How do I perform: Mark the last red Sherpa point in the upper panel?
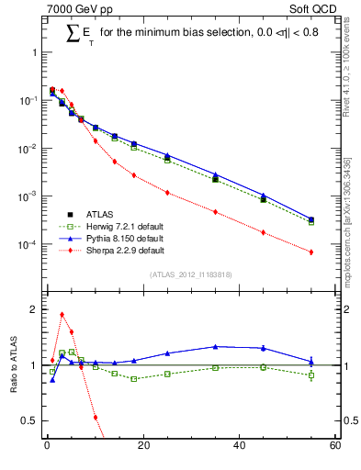pos(311,252)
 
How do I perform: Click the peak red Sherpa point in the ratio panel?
pos(62,314)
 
